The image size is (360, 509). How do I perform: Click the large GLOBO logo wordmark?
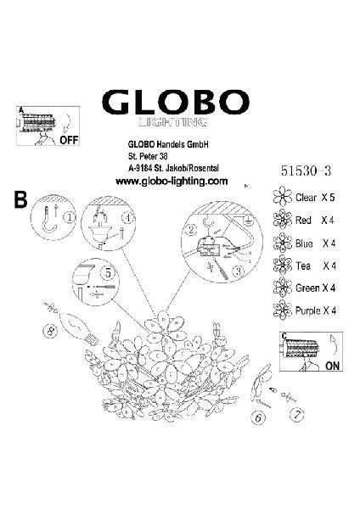coord(176,102)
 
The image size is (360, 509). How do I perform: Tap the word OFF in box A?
coord(70,140)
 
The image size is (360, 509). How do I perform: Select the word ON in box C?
coord(332,366)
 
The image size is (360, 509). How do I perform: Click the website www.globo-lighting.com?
coord(172,182)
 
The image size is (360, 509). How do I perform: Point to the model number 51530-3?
coord(306,171)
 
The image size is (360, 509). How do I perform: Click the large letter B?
coord(20,200)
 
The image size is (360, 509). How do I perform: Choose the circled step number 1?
coord(70,217)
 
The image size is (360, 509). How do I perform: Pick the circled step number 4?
coord(129,218)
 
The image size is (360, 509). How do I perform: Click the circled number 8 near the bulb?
coord(50,331)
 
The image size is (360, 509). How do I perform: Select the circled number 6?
coord(258,417)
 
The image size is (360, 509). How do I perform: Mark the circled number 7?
coord(297,415)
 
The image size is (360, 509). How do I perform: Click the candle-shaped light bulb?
coord(80,327)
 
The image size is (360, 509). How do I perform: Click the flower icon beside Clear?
coord(283,196)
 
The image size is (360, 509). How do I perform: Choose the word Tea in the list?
coord(303,266)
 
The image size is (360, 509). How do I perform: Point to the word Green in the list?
coord(307,288)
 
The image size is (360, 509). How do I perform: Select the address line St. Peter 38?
coord(148,156)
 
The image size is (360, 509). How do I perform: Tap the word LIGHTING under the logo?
coord(173,122)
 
